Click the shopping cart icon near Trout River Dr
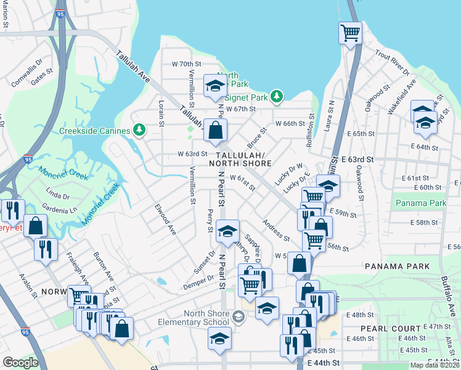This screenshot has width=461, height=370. point(350,33)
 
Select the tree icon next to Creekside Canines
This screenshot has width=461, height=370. point(140,130)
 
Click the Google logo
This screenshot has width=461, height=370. point(20,363)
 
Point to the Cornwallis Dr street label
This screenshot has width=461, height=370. point(26,72)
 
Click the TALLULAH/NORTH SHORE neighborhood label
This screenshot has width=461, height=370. point(240,159)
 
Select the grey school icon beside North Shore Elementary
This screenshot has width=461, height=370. point(239,318)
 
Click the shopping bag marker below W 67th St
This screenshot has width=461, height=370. point(215,130)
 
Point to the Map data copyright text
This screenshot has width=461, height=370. point(434,365)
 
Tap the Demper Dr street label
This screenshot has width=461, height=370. point(198,283)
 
